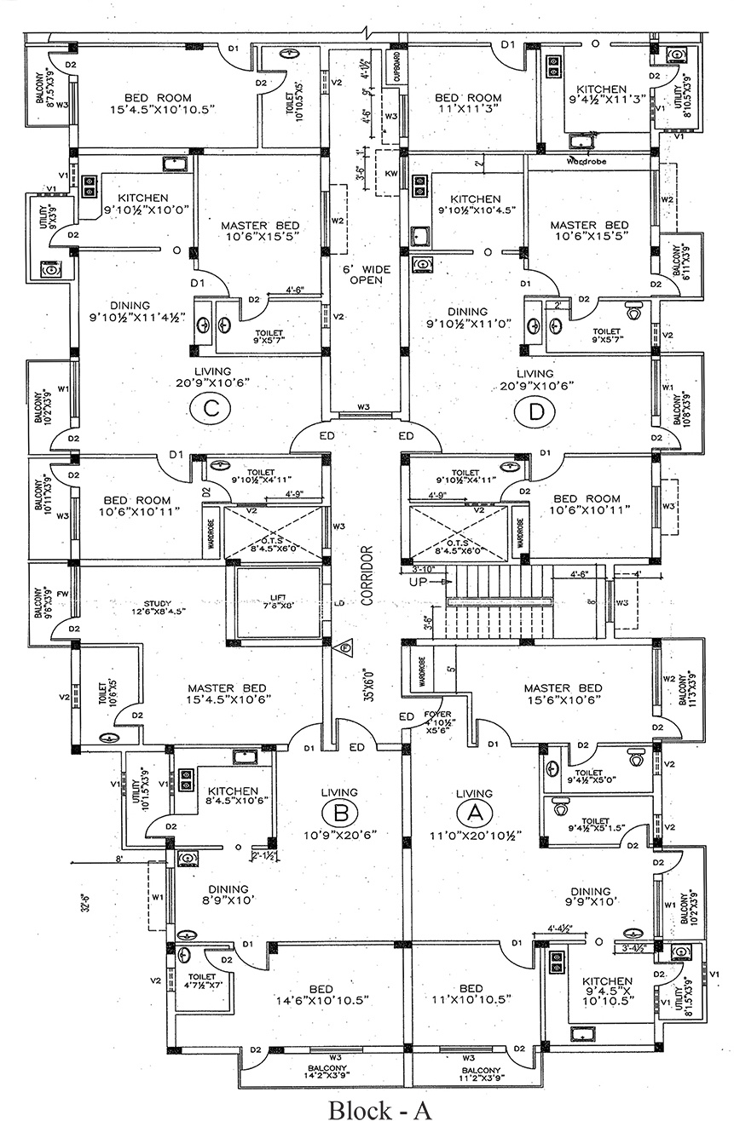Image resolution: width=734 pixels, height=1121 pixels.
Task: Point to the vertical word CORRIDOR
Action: [367, 575]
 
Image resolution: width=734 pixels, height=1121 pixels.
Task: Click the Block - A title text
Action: [381, 1108]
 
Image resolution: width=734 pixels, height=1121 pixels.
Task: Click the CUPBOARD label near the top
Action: [396, 66]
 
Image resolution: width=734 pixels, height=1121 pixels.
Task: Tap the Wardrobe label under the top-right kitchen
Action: [586, 160]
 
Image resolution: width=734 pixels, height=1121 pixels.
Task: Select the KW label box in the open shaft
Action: [392, 174]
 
